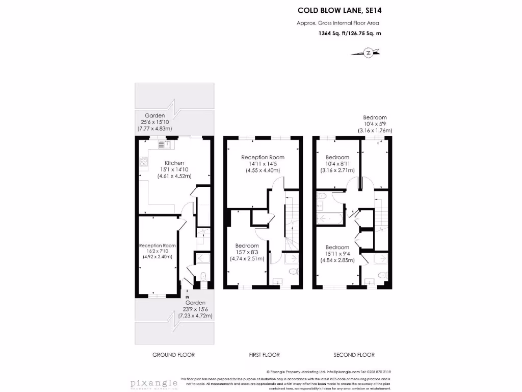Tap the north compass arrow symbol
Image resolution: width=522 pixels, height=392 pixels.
point(367,52)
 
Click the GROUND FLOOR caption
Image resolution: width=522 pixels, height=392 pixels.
point(174,355)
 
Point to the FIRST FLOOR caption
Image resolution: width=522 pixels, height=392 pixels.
point(264,355)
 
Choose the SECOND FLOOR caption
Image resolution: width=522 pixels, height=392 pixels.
point(354,355)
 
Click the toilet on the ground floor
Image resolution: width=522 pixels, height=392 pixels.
point(203,277)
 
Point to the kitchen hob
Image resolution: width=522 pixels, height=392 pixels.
point(143,163)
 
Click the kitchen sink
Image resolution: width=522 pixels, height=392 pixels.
point(162,144)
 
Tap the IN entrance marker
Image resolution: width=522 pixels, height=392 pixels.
point(188,297)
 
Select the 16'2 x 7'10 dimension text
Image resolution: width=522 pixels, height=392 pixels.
point(158,251)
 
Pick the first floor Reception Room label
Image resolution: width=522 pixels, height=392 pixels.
point(263,157)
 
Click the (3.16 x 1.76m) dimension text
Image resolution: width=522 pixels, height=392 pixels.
point(375,131)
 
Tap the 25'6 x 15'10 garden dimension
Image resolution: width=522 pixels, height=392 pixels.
point(155,122)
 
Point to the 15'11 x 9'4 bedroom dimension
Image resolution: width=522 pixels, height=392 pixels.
point(337,253)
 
